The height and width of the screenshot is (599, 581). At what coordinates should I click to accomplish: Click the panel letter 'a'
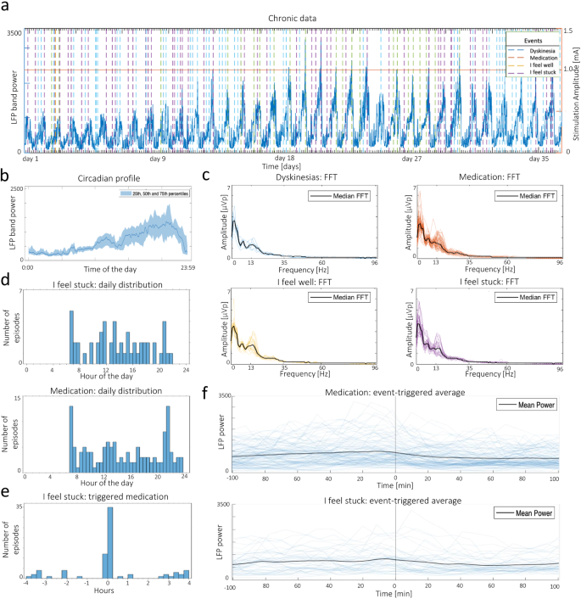click(6, 8)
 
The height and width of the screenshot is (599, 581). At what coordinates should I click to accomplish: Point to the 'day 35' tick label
click(540, 159)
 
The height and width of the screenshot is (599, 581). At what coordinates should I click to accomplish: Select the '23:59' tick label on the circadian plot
click(187, 266)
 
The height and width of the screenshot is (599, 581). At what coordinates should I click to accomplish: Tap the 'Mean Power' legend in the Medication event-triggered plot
click(531, 405)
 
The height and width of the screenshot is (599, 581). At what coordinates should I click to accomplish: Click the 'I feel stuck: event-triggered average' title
click(394, 501)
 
